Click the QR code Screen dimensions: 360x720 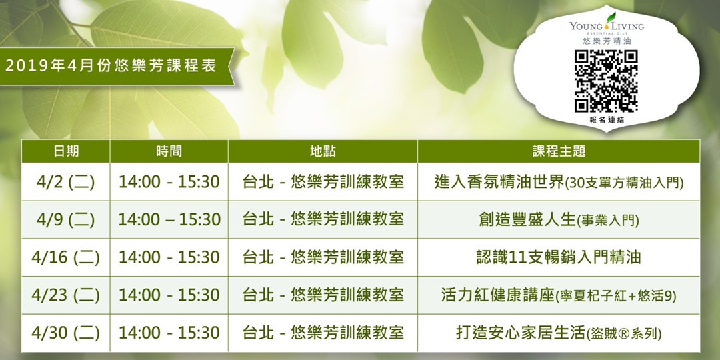(606, 81)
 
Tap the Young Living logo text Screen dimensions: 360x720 (606, 26)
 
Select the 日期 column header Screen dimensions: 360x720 (65, 151)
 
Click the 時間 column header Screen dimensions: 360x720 (169, 151)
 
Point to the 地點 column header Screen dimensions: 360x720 (323, 151)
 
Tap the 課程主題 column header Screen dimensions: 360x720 (559, 151)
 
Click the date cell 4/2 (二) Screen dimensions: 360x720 (65, 182)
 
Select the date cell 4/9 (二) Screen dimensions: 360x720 (65, 219)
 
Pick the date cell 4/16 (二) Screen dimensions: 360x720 (65, 257)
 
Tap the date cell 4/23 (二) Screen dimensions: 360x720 (65, 295)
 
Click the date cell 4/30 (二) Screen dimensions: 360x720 (65, 333)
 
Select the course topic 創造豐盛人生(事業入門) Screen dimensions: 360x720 (559, 219)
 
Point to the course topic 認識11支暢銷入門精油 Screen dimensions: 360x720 (559, 257)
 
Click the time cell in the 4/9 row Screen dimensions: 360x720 (169, 219)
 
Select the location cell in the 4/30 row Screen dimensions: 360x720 (323, 333)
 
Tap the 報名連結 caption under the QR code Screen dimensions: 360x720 (606, 120)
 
